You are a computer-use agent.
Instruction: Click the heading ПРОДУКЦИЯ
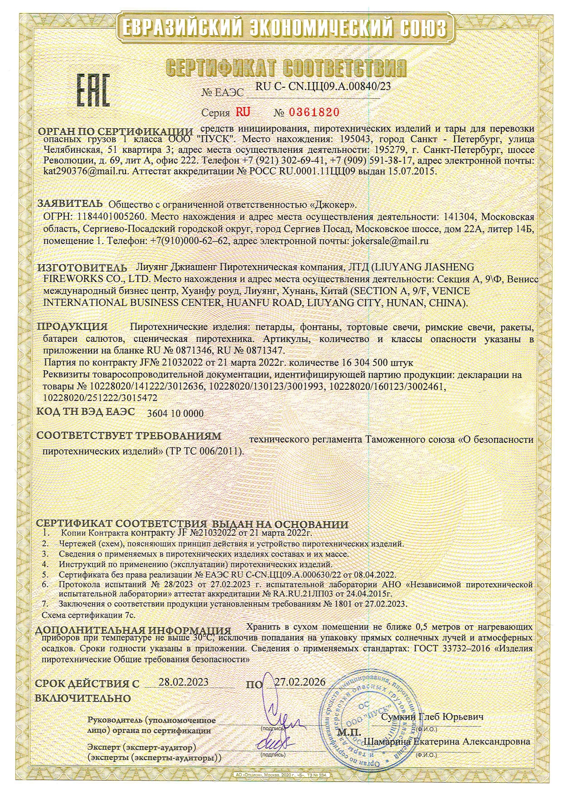[x=73, y=326]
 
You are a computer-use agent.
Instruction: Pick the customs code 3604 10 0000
[x=176, y=413]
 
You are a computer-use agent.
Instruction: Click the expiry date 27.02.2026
[x=300, y=682]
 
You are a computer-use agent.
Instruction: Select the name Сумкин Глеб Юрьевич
[x=432, y=717]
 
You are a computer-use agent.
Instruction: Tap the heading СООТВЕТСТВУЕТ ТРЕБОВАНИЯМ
[x=129, y=436]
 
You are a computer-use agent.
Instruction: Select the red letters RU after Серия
[x=240, y=112]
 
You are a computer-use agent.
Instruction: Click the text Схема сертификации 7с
[x=88, y=615]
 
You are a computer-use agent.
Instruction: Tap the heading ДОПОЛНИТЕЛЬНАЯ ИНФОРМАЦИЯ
[x=133, y=630]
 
